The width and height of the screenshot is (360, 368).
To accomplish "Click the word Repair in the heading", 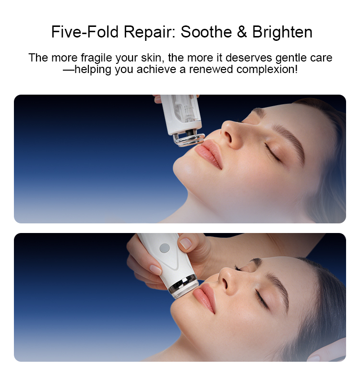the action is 150,32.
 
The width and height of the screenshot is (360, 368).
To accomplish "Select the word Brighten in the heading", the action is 282,32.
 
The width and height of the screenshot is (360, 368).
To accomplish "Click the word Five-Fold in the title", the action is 85,32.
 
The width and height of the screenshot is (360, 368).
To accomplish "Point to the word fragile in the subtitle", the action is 96,58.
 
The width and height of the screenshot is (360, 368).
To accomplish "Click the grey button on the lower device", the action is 165,248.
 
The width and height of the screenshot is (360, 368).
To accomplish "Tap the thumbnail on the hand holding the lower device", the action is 185,244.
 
